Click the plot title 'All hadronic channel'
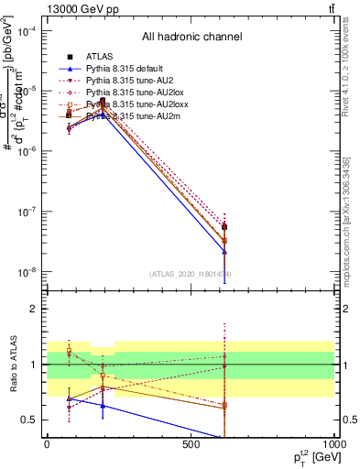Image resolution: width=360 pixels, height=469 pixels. click(191, 38)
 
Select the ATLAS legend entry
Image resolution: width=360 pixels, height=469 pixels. click(100, 57)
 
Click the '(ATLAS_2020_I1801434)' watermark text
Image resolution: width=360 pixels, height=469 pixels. click(190, 274)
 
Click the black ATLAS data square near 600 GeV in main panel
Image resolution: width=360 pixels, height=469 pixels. click(224, 226)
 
